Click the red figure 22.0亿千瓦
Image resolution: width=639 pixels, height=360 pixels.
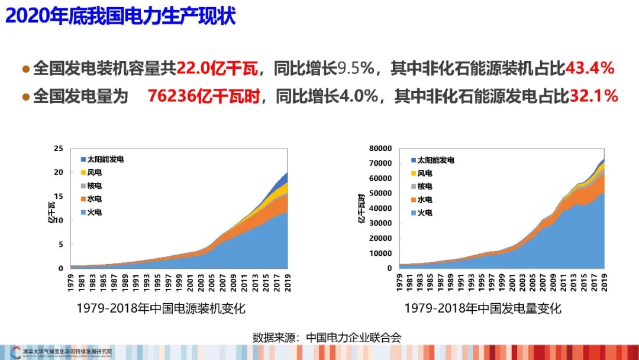pyautogui.click(x=218, y=69)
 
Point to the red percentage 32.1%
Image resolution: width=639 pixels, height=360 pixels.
pyautogui.click(x=594, y=97)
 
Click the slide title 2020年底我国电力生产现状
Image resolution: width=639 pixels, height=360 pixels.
pyautogui.click(x=121, y=16)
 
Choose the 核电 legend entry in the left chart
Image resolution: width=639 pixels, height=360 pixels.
pyautogui.click(x=95, y=186)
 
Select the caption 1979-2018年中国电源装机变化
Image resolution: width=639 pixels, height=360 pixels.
pyautogui.click(x=160, y=308)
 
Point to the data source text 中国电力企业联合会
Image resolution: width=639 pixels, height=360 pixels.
pyautogui.click(x=354, y=338)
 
